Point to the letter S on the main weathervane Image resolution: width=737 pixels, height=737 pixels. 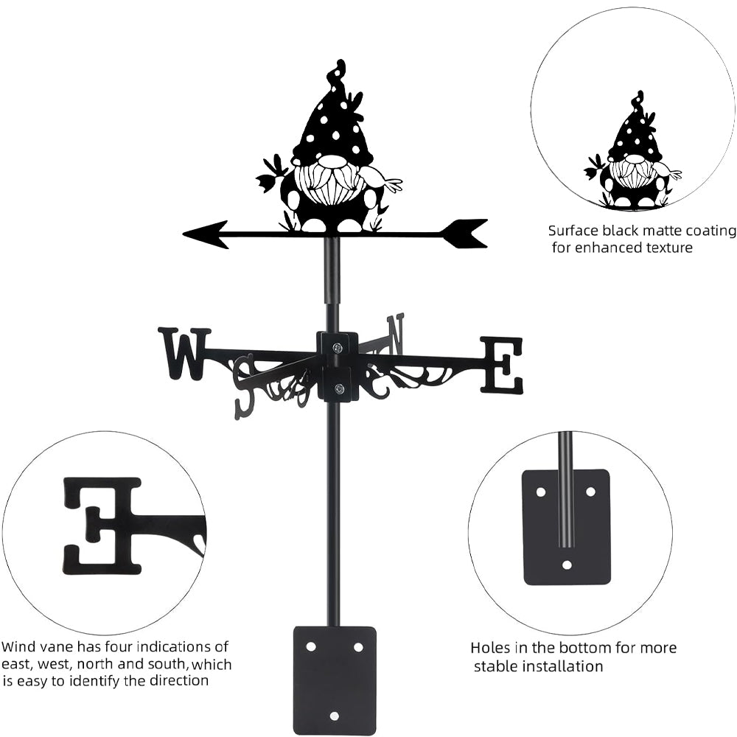tap(244, 387)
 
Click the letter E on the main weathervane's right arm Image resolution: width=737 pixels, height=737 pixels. tap(502, 365)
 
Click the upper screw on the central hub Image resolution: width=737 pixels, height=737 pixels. tap(337, 348)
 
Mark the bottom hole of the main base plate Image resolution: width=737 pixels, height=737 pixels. tap(335, 715)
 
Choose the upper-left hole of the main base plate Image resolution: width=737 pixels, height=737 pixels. tap(311, 646)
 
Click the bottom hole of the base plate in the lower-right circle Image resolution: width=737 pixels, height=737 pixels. tap(566, 565)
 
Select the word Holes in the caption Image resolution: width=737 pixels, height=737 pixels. tap(489, 649)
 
